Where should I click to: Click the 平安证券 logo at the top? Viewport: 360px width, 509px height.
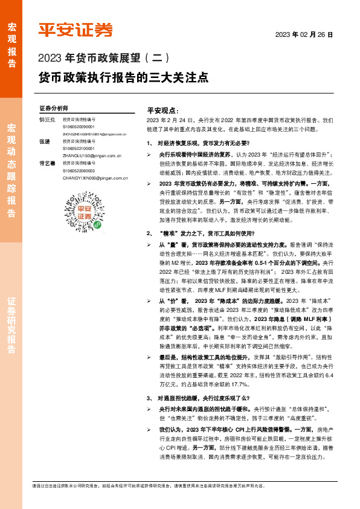click(76, 30)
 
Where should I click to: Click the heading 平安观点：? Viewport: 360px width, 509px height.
click(162, 111)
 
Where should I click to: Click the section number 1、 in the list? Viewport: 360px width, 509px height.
click(150, 143)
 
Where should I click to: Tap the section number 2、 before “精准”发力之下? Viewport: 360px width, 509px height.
click(150, 232)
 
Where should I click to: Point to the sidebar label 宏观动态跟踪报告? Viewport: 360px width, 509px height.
click(11, 170)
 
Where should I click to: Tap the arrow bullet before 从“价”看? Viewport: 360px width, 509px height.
click(150, 284)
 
